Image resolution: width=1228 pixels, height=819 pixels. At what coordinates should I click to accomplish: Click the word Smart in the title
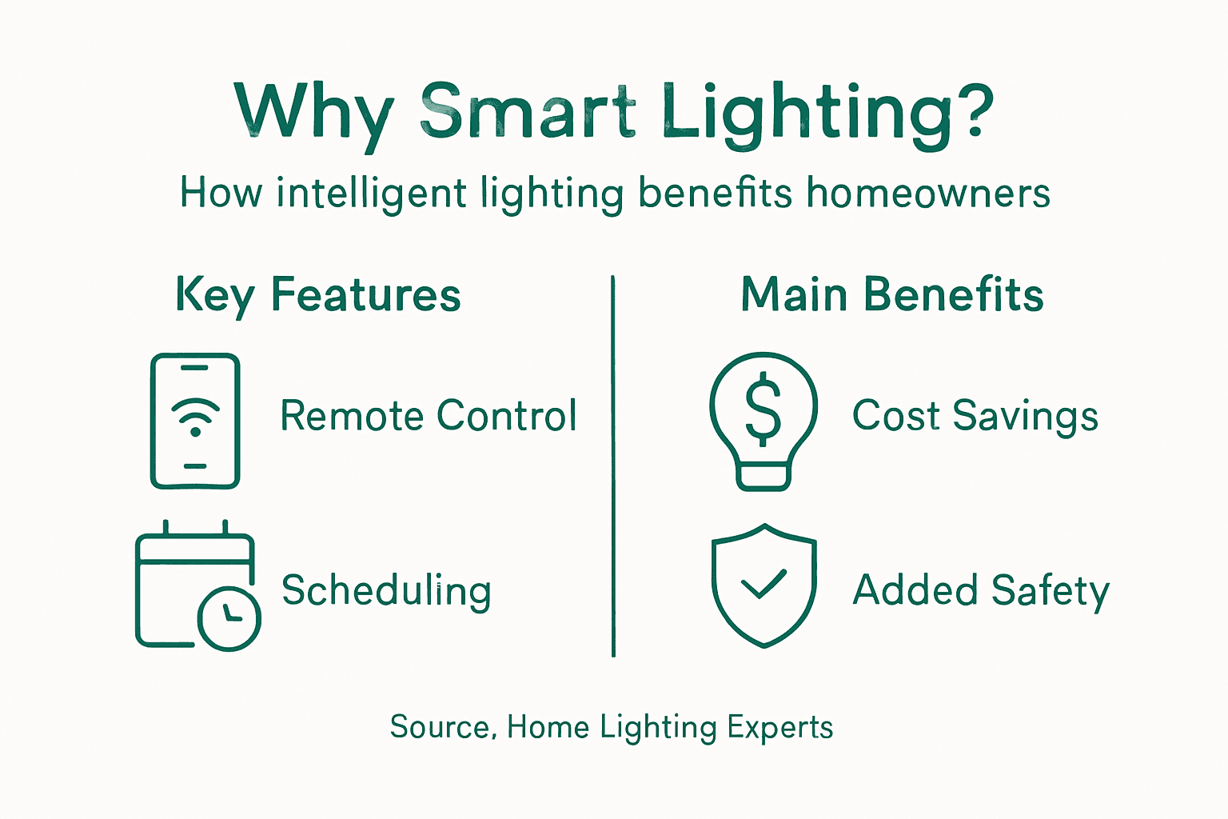point(528,112)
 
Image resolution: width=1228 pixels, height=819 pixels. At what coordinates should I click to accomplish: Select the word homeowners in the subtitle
point(928,194)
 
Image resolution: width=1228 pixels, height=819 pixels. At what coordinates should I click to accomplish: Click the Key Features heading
point(318,295)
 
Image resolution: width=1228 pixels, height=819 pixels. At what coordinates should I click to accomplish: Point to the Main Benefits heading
point(892,294)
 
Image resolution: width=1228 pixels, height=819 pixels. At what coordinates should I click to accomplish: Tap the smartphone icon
point(195,421)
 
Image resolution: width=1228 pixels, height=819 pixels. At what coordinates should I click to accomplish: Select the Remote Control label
point(429,416)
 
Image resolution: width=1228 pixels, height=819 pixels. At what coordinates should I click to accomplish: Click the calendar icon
point(194,584)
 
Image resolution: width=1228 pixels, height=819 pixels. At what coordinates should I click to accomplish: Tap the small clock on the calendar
point(229,618)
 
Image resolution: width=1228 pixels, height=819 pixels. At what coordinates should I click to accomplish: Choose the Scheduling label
point(386,591)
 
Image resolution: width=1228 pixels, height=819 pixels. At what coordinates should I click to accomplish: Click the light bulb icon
point(764,421)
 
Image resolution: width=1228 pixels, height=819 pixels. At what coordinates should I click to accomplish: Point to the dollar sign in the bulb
point(764,409)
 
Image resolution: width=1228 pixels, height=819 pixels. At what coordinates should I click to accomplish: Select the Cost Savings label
point(975,416)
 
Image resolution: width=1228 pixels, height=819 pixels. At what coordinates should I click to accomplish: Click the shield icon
point(764,585)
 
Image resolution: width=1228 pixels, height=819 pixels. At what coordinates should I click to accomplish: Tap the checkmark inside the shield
point(764,585)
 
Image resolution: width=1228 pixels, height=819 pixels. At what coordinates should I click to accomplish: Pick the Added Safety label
point(981,591)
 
